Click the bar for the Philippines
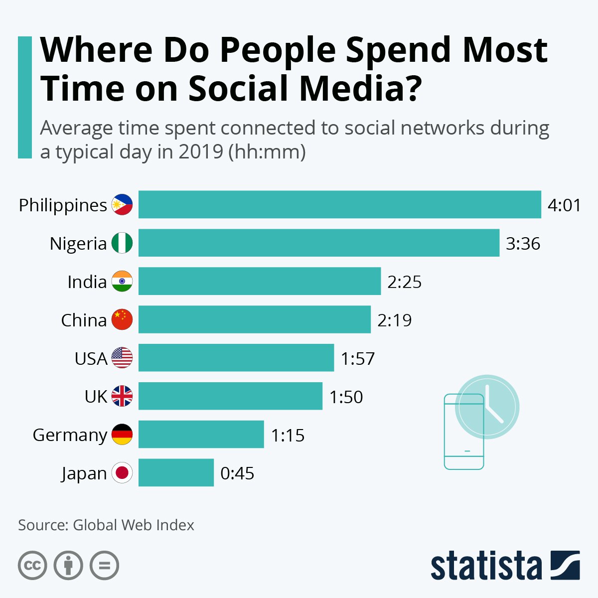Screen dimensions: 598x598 point(339,204)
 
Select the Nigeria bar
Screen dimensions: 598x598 point(319,243)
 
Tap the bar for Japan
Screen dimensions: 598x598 point(176,472)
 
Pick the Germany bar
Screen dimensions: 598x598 point(201,434)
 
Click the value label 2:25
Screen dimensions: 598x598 point(404,282)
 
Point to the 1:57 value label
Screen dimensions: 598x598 point(357,359)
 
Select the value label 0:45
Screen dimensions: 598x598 point(237,473)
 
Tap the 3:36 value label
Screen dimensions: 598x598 point(523,244)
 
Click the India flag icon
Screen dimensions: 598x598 point(122,282)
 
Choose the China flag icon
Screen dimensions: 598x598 point(122,320)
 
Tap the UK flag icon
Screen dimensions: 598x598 point(122,396)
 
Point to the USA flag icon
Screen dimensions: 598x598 point(122,358)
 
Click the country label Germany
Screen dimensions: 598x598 point(70,435)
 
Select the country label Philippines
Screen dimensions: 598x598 point(63,205)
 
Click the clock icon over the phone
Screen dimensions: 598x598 point(487,407)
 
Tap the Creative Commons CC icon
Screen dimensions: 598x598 point(32,566)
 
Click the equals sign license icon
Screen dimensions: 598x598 point(105,566)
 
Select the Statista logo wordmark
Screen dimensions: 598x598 point(486,566)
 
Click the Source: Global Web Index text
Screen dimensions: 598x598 point(106,525)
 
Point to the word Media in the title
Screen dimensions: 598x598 point(354,89)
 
